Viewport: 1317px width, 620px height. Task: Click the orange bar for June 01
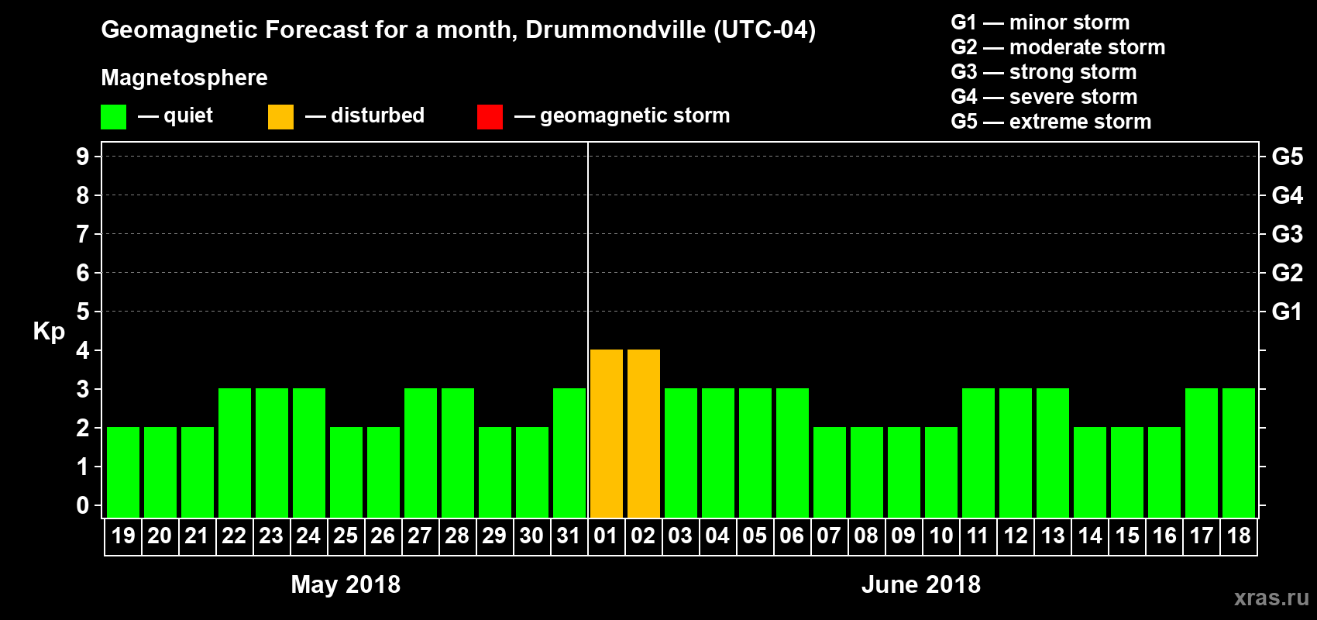click(x=606, y=433)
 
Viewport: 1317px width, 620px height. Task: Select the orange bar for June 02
click(x=643, y=433)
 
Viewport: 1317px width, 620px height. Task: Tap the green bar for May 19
click(x=122, y=472)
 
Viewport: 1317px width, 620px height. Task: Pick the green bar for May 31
click(x=569, y=453)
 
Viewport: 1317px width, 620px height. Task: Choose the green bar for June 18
click(x=1238, y=453)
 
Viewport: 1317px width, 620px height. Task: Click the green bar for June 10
click(x=940, y=472)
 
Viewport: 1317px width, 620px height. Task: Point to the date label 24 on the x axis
click(x=308, y=536)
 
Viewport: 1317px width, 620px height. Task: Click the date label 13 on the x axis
click(x=1052, y=536)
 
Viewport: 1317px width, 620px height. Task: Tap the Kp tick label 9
click(x=83, y=157)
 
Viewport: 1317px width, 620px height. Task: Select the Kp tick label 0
click(x=83, y=505)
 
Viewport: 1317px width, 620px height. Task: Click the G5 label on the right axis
click(x=1287, y=157)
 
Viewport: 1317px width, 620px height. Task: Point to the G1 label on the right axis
click(x=1287, y=312)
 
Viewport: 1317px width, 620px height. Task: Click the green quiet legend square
click(x=113, y=117)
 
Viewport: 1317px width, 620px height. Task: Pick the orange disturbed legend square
click(x=280, y=117)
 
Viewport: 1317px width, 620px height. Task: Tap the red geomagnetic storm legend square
click(x=490, y=117)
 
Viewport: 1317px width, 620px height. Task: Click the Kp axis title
click(x=49, y=331)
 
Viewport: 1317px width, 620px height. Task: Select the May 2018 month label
click(x=346, y=584)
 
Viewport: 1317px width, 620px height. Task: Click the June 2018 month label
click(x=921, y=584)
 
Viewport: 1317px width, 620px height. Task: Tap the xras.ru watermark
click(x=1271, y=597)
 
